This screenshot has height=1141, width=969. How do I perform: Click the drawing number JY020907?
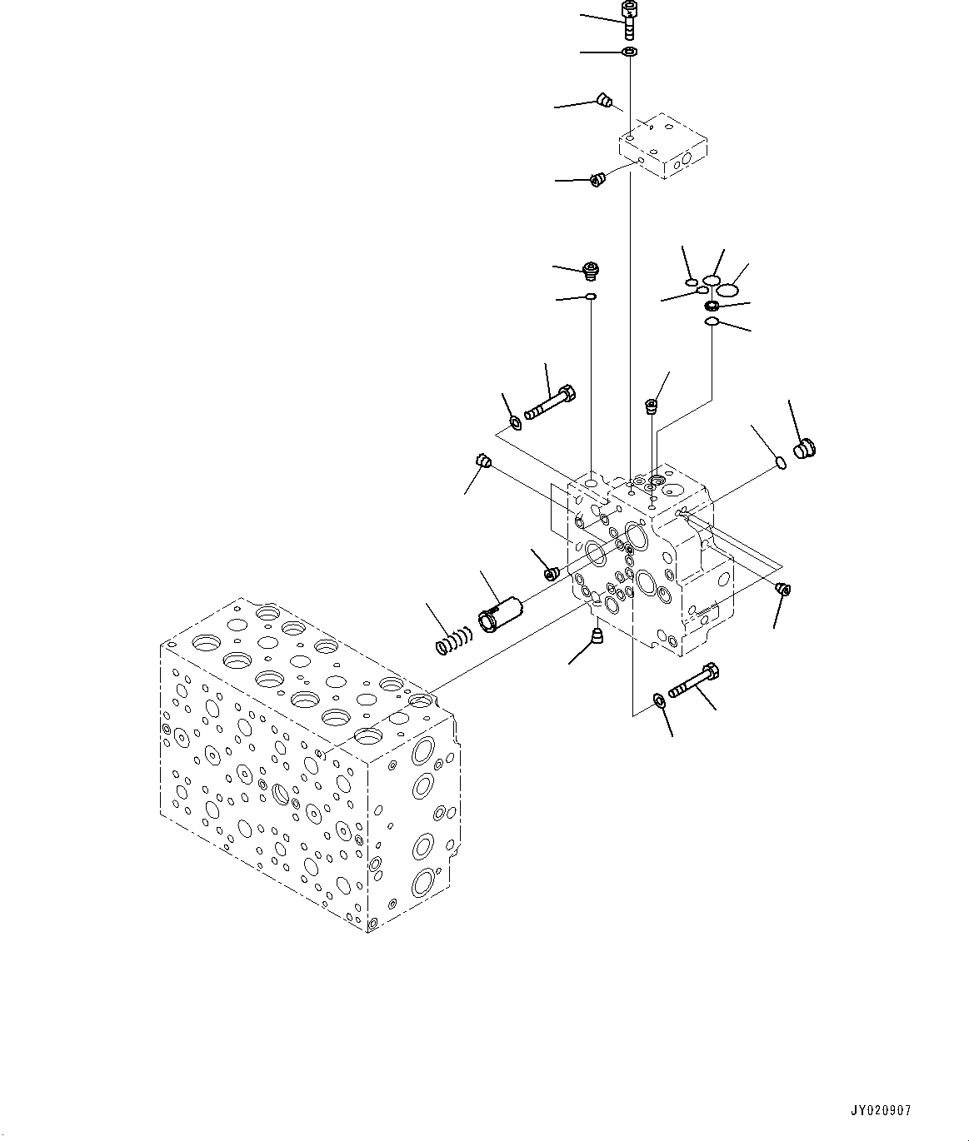click(881, 1111)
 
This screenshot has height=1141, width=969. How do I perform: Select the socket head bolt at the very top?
click(629, 18)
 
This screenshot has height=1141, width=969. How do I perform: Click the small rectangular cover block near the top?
click(663, 147)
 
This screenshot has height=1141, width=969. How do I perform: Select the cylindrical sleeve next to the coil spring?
click(498, 614)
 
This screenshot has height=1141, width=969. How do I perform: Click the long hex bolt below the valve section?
click(694, 680)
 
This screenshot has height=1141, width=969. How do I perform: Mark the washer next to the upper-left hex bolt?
click(516, 424)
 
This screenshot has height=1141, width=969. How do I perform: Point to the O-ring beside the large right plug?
click(778, 462)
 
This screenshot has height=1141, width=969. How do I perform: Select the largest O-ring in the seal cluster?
click(729, 290)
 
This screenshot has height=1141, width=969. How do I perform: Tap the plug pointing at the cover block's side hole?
click(597, 179)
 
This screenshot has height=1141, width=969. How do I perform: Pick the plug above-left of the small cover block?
click(606, 102)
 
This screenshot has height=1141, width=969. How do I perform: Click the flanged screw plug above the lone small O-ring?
click(592, 271)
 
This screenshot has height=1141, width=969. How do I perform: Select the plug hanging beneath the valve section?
click(597, 638)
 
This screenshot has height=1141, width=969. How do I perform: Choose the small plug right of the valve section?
click(782, 590)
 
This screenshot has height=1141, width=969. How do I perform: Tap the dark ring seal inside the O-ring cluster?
click(712, 306)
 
